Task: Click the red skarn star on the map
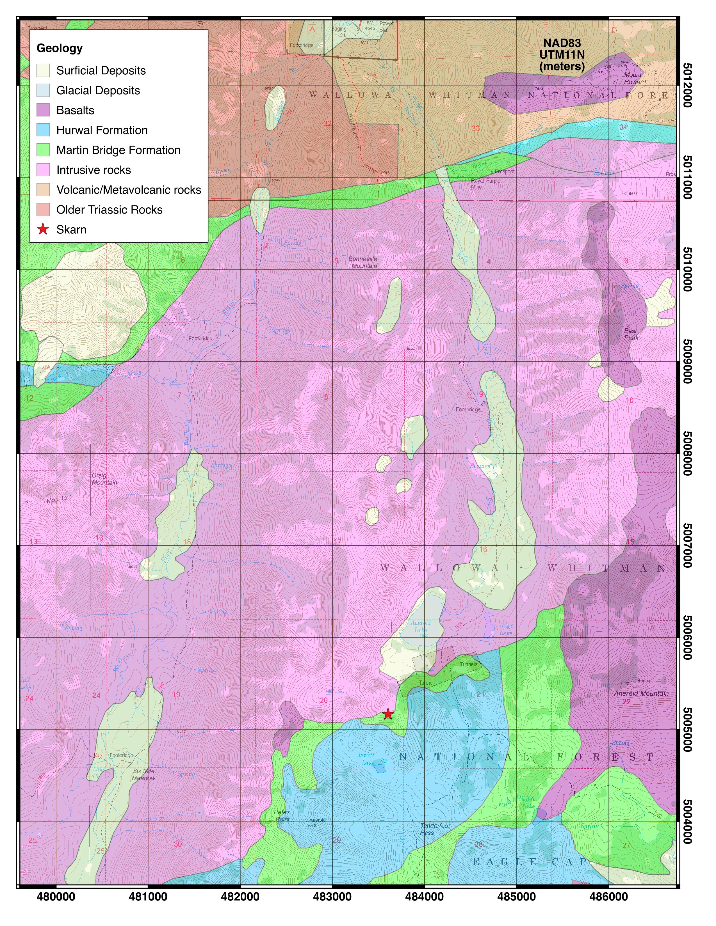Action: click(388, 714)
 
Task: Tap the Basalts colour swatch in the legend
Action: click(43, 110)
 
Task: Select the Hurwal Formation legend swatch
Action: click(43, 130)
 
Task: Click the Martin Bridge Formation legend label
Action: click(118, 150)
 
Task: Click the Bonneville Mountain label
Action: click(363, 262)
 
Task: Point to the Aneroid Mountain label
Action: click(641, 693)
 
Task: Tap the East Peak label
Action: click(631, 334)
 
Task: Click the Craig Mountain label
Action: click(104, 479)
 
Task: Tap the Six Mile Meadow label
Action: click(144, 774)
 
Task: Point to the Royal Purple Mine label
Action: click(485, 183)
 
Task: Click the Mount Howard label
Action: click(634, 78)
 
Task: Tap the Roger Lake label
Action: click(507, 629)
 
